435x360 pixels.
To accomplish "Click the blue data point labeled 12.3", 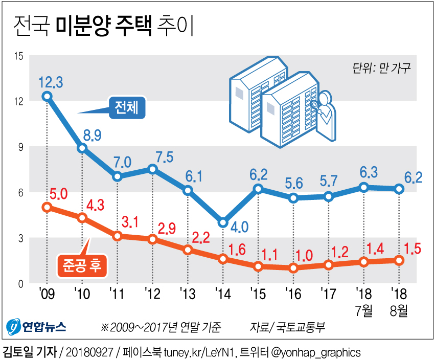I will pos(47,96).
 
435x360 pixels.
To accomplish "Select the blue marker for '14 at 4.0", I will pos(223,222).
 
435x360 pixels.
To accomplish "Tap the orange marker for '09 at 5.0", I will pos(47,207).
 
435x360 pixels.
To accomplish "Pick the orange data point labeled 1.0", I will pos(293,267).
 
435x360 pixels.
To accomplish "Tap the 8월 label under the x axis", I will pos(398,310).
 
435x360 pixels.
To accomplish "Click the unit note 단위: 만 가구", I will pos(381,68).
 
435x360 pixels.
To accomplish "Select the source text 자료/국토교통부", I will pos(287,326).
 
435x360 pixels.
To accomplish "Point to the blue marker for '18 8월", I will pos(399,189).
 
